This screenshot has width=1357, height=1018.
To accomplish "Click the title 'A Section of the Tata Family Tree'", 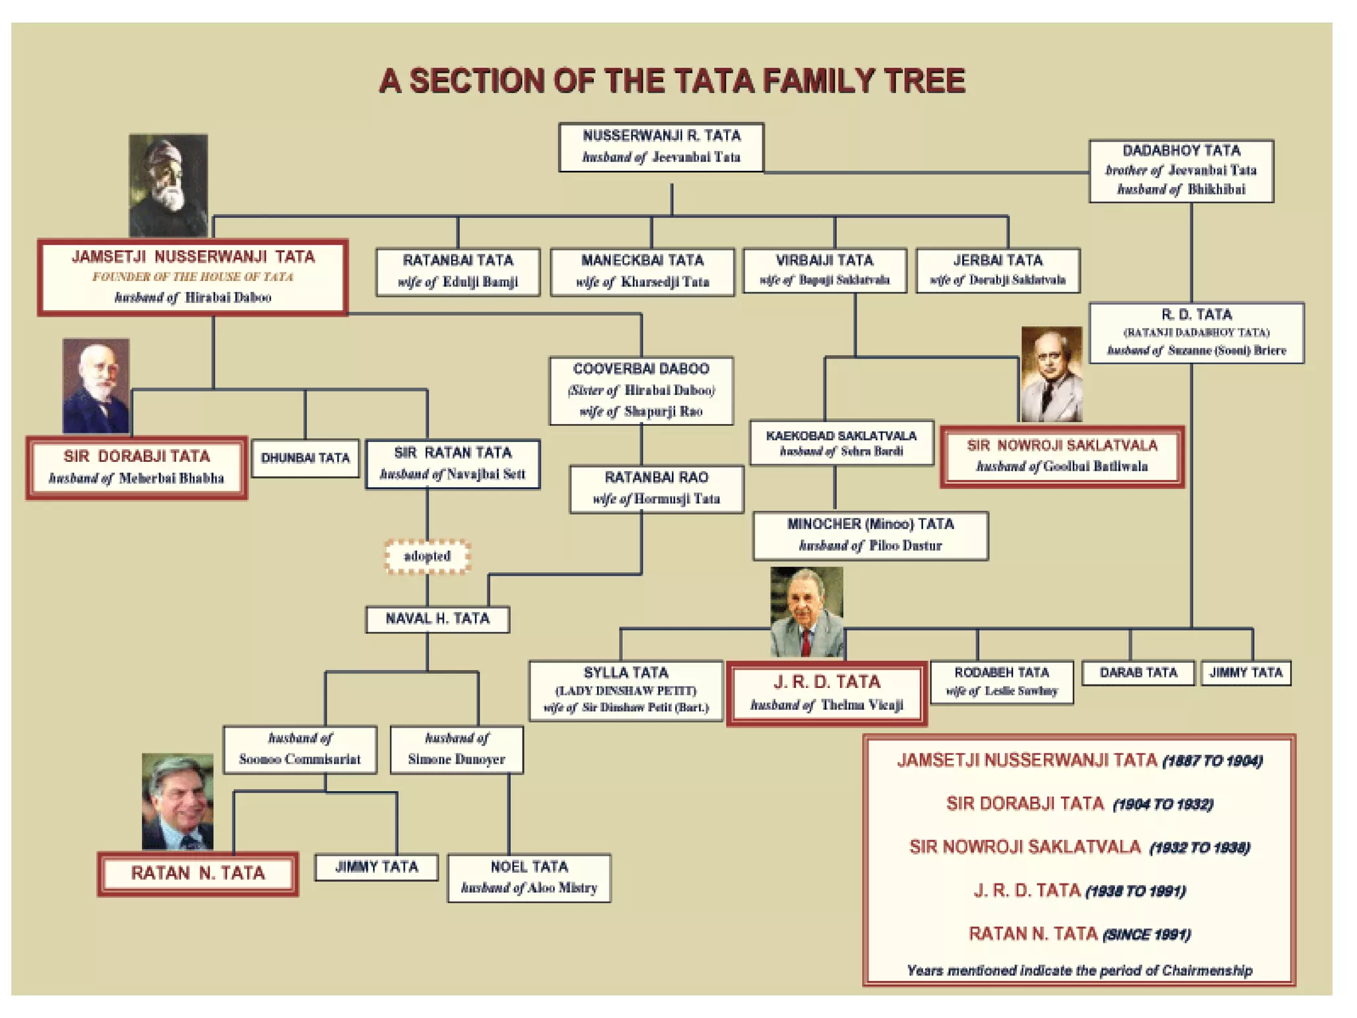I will (x=671, y=81).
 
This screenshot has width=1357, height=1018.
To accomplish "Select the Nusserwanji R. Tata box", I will (x=661, y=147).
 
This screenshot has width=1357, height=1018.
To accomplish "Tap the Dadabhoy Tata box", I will (x=1181, y=170).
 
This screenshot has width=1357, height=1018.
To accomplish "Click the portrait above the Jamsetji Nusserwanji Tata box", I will (x=168, y=185).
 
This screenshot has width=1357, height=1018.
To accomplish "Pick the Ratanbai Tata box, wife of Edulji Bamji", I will (x=458, y=271).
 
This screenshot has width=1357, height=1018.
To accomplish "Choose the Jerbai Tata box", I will (x=997, y=270).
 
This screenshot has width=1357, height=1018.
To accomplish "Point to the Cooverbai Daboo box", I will (x=641, y=390).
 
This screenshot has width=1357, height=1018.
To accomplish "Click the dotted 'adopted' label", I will (x=427, y=556).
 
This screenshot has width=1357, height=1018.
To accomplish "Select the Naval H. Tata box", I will (x=437, y=619).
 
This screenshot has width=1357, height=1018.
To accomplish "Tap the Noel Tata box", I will (x=529, y=877).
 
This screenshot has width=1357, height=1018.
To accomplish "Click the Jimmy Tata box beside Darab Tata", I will (x=1246, y=673).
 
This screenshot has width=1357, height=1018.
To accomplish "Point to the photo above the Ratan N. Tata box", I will (x=178, y=801).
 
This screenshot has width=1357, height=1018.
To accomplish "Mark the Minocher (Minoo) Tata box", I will (x=870, y=535).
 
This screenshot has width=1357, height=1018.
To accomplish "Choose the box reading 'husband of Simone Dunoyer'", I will (x=457, y=750).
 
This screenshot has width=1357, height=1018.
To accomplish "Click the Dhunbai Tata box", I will (x=305, y=458).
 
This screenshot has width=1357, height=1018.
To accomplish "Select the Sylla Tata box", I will (x=625, y=690).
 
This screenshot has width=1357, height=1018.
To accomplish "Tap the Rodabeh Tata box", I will (x=1001, y=682).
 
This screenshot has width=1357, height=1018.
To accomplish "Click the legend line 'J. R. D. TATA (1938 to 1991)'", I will (x=1079, y=890).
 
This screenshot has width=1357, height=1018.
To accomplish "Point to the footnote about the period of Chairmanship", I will (x=1079, y=970).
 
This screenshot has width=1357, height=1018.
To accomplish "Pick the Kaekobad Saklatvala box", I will (x=841, y=443).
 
